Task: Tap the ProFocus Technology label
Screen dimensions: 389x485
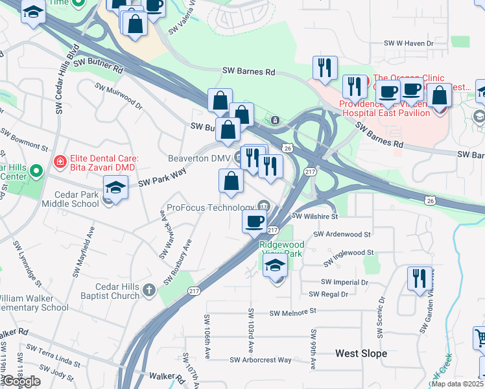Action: point(210,207)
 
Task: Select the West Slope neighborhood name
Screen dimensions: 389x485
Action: point(361,353)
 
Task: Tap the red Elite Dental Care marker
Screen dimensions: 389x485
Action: point(59,160)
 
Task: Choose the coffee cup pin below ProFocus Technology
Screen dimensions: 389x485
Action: point(254,221)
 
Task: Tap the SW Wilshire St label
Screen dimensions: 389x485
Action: point(315,217)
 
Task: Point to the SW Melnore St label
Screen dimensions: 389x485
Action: point(292,312)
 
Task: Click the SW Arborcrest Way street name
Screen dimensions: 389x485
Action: point(261,360)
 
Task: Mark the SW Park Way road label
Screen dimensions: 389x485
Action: point(162,179)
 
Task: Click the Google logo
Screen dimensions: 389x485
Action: point(21,381)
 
